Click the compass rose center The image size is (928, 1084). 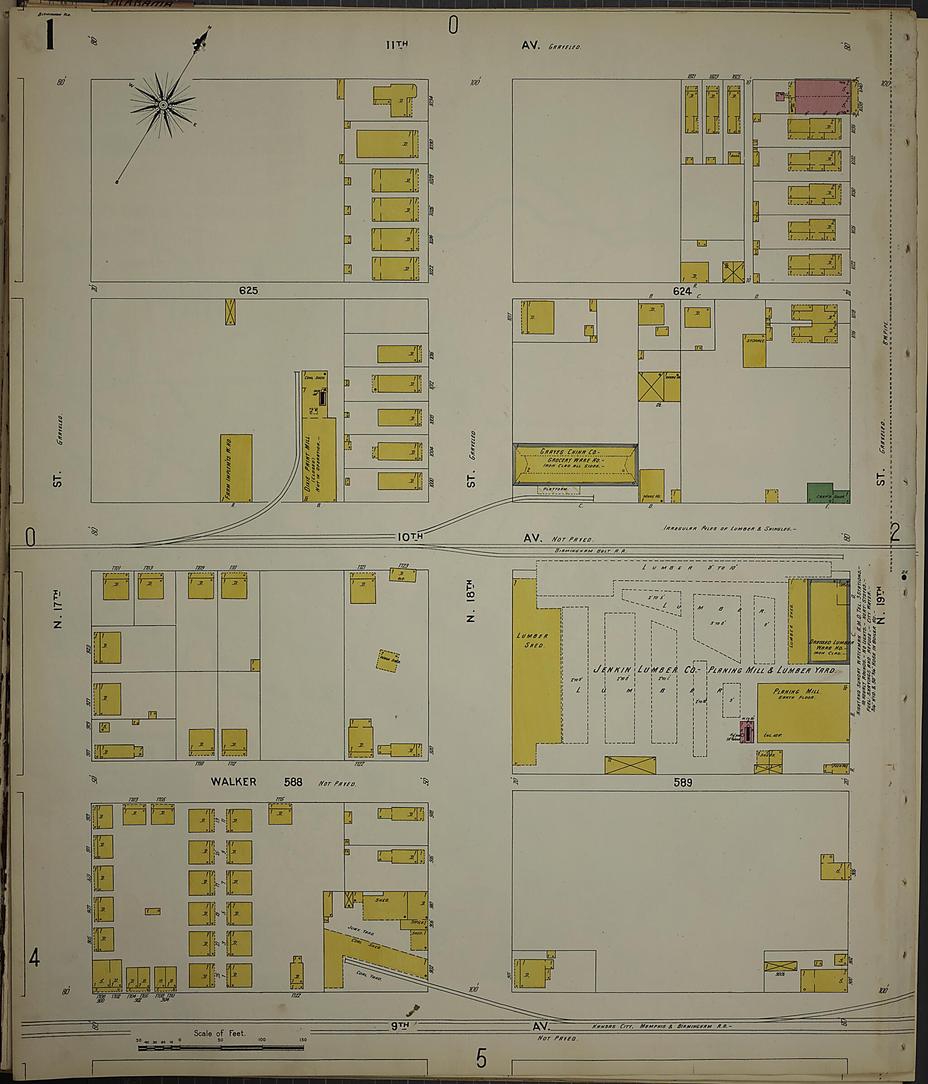click(163, 105)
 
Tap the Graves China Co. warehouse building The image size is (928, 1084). click(575, 465)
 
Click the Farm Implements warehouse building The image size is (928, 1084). click(236, 468)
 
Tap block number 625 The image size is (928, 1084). click(248, 290)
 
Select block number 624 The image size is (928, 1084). click(682, 291)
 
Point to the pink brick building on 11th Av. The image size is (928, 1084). click(818, 96)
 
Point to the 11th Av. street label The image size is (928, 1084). click(396, 45)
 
